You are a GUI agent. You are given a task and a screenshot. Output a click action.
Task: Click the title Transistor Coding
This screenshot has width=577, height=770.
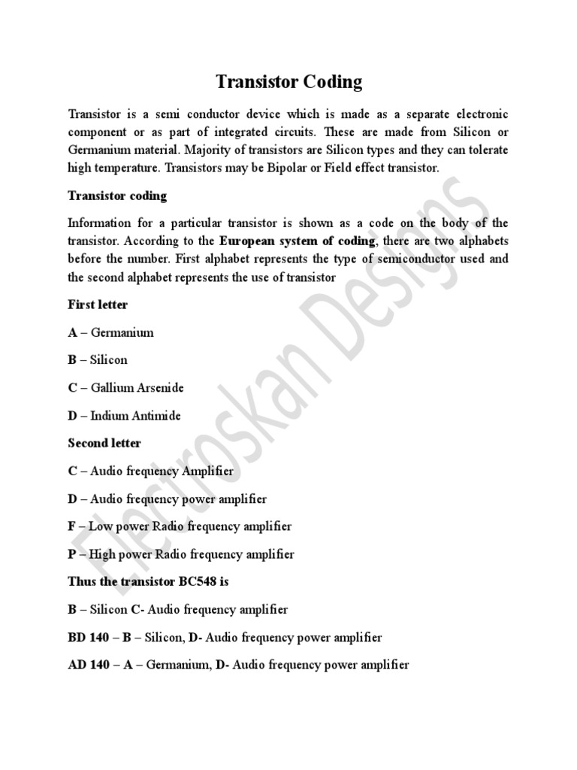pos(288,81)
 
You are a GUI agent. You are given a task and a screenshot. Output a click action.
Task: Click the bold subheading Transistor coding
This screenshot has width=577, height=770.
pos(117,196)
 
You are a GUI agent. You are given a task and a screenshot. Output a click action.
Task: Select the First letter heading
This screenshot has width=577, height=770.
pos(98,305)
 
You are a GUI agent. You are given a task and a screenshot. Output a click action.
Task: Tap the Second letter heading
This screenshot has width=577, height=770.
pos(104,443)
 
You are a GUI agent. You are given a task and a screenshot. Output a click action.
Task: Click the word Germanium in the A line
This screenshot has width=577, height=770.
pos(122,332)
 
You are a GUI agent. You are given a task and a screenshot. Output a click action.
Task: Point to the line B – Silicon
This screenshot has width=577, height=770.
pos(98,359)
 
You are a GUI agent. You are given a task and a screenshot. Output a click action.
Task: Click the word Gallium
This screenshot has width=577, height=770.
pos(111,388)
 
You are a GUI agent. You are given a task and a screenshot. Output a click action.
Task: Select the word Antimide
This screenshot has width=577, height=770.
pos(157,415)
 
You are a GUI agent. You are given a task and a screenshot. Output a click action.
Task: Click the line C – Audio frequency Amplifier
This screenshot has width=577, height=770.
pos(150,471)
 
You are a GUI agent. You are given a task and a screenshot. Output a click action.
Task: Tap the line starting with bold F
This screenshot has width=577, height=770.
pos(180,526)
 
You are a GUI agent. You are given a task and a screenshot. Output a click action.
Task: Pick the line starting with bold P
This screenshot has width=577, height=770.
pos(181,554)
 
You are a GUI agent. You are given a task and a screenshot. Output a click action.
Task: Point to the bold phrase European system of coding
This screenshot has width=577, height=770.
pos(297,241)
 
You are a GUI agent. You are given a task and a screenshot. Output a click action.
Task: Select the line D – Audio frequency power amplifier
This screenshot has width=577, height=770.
pos(167,499)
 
